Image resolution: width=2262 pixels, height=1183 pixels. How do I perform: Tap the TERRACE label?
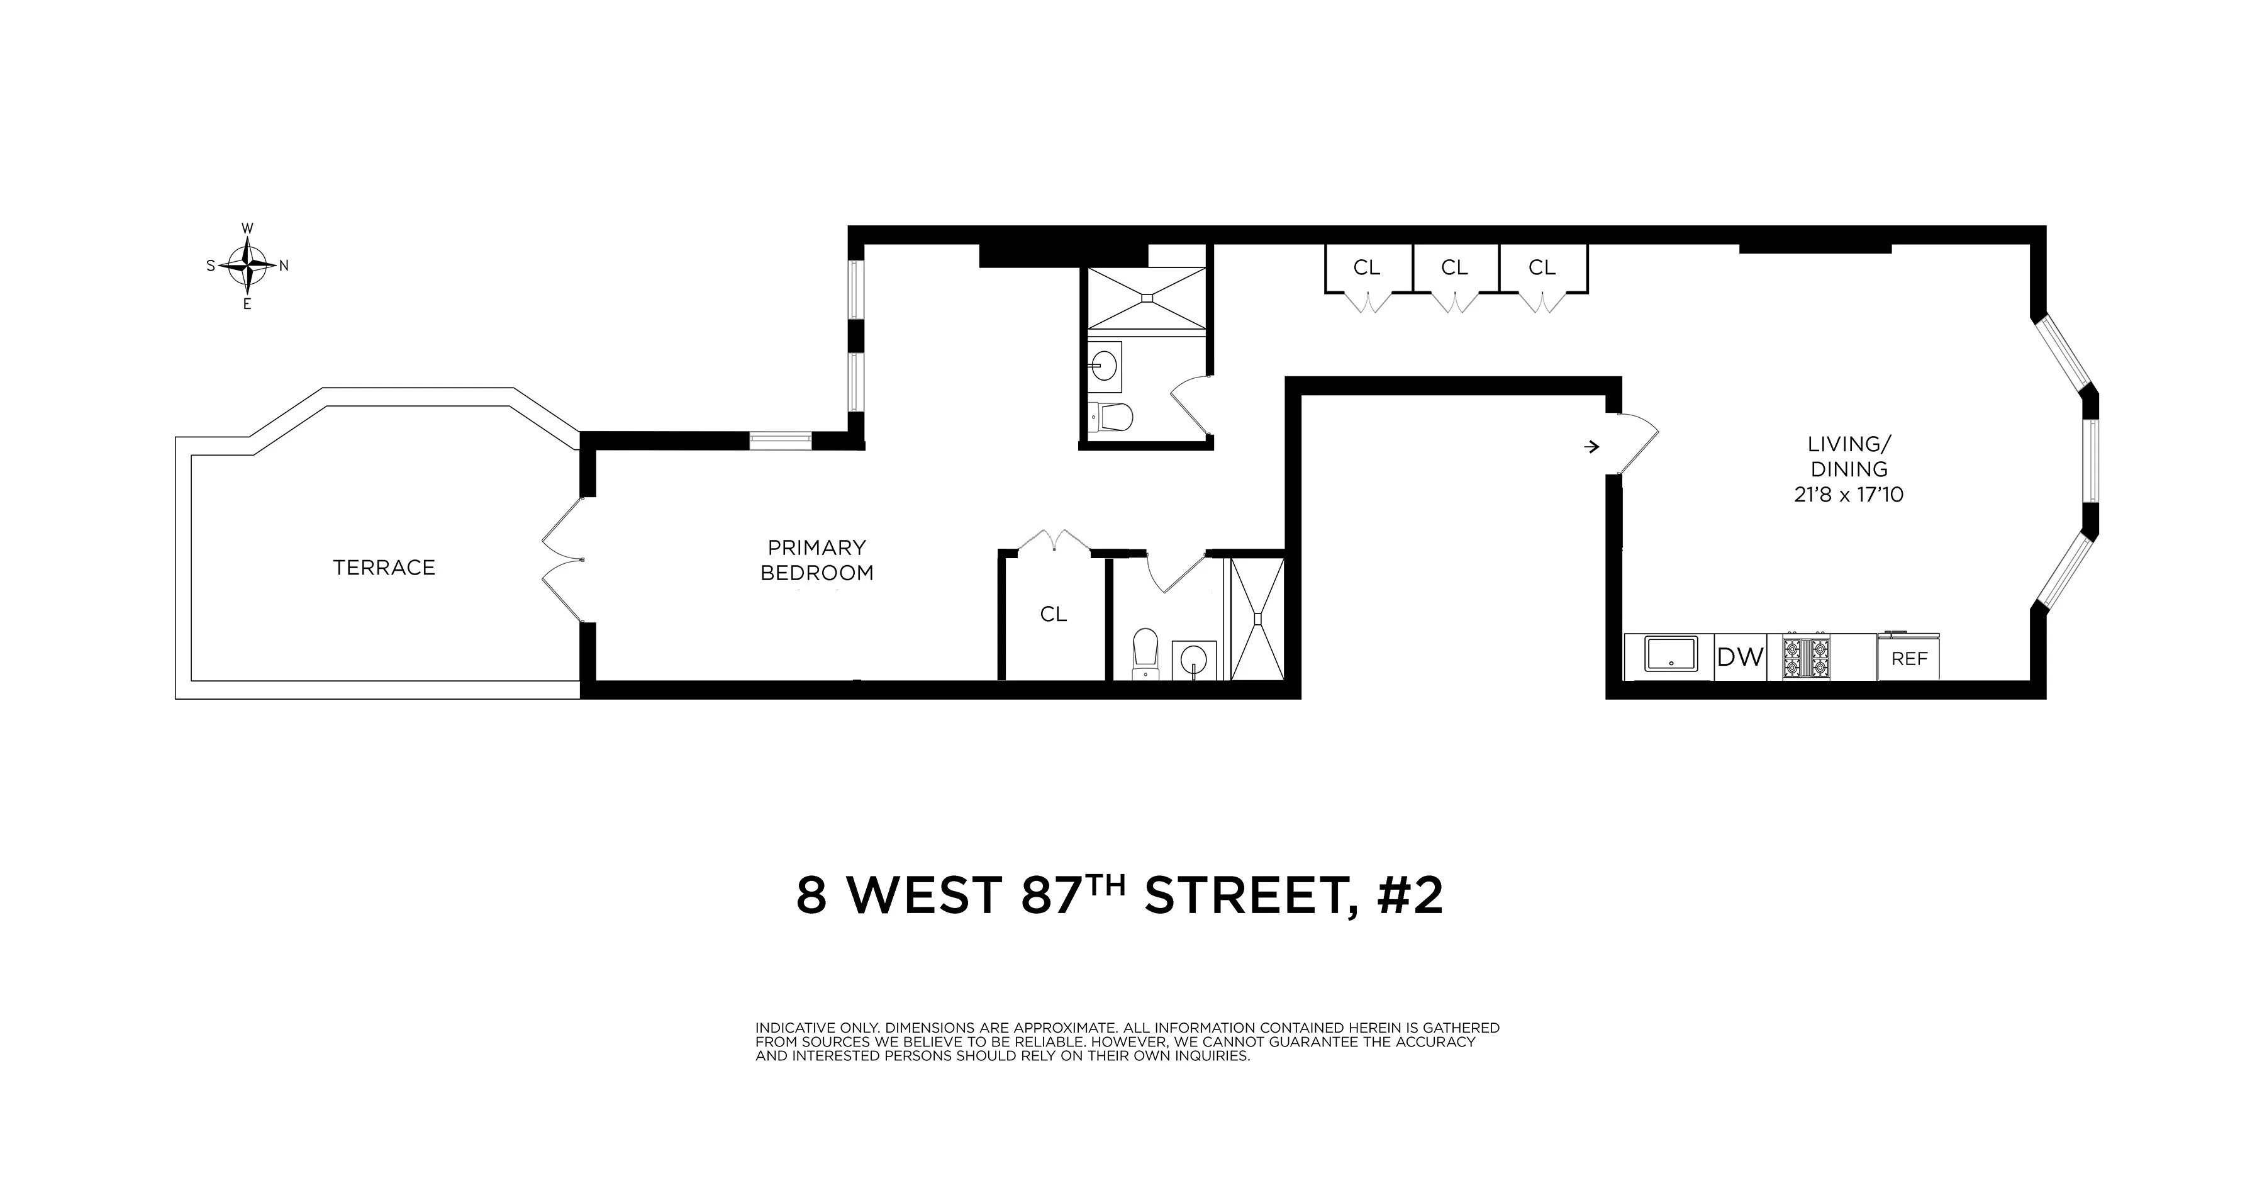pyautogui.click(x=384, y=568)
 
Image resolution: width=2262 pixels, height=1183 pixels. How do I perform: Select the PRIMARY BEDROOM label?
pyautogui.click(x=816, y=560)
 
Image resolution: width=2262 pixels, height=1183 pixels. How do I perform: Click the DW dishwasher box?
pyautogui.click(x=1739, y=657)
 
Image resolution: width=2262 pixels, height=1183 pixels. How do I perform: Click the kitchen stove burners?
pyautogui.click(x=1806, y=658)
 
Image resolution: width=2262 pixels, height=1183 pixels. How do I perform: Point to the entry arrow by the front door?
pyautogui.click(x=1591, y=447)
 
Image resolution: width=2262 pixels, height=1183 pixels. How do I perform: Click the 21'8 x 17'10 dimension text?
pyautogui.click(x=1849, y=495)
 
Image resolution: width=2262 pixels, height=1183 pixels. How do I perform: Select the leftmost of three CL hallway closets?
pyautogui.click(x=1366, y=268)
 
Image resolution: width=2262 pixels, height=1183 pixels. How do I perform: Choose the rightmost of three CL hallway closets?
pyautogui.click(x=1542, y=268)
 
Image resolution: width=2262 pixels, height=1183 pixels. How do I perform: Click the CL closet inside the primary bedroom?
pyautogui.click(x=1053, y=615)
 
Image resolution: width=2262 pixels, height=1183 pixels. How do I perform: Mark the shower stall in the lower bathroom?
pyautogui.click(x=1257, y=619)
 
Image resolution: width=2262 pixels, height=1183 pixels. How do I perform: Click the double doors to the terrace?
pyautogui.click(x=562, y=560)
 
